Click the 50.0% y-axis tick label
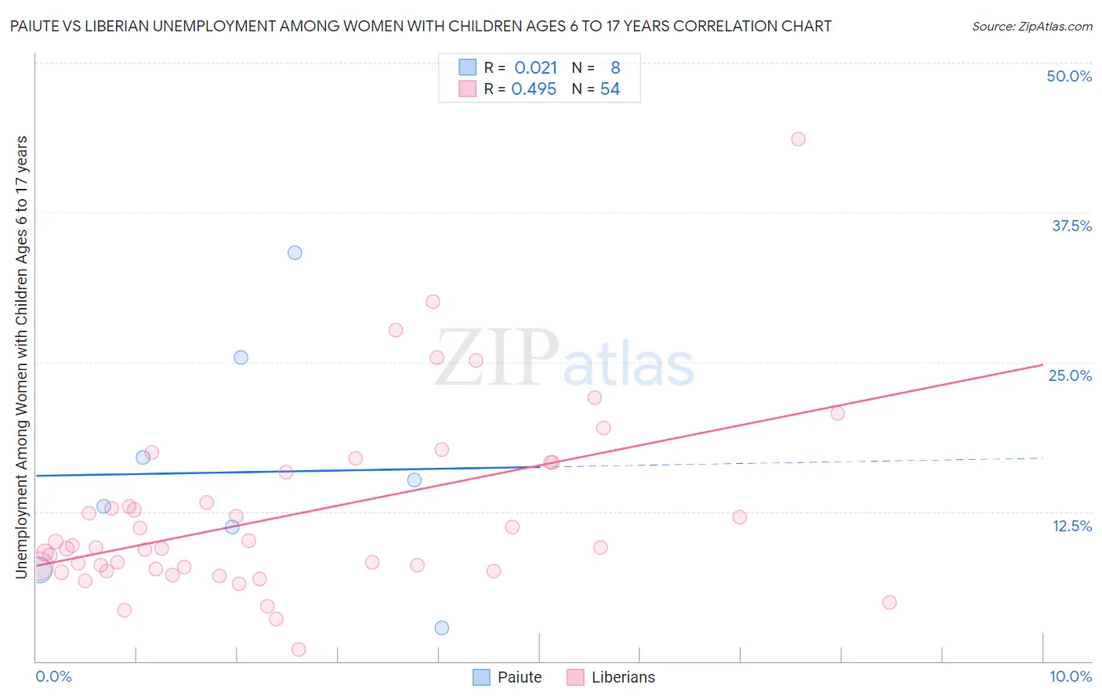pos(1068,76)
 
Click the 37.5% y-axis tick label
pos(1071,226)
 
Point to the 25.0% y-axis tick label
pos(1069,375)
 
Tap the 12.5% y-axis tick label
pos(1071,526)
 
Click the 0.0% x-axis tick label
pos(53,676)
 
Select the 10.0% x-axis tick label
pos(1070,676)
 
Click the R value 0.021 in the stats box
pos(535,68)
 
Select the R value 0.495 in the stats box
pos(534,89)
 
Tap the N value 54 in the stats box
pos(610,89)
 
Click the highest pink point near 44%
pos(798,139)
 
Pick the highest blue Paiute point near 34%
pos(295,252)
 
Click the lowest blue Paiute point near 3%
pos(441,628)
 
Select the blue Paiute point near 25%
pos(241,357)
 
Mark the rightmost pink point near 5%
pos(889,603)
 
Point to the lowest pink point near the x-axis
pos(299,649)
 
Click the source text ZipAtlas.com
pos(1031,27)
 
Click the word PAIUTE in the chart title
pos(37,26)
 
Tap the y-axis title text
pos(22,357)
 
